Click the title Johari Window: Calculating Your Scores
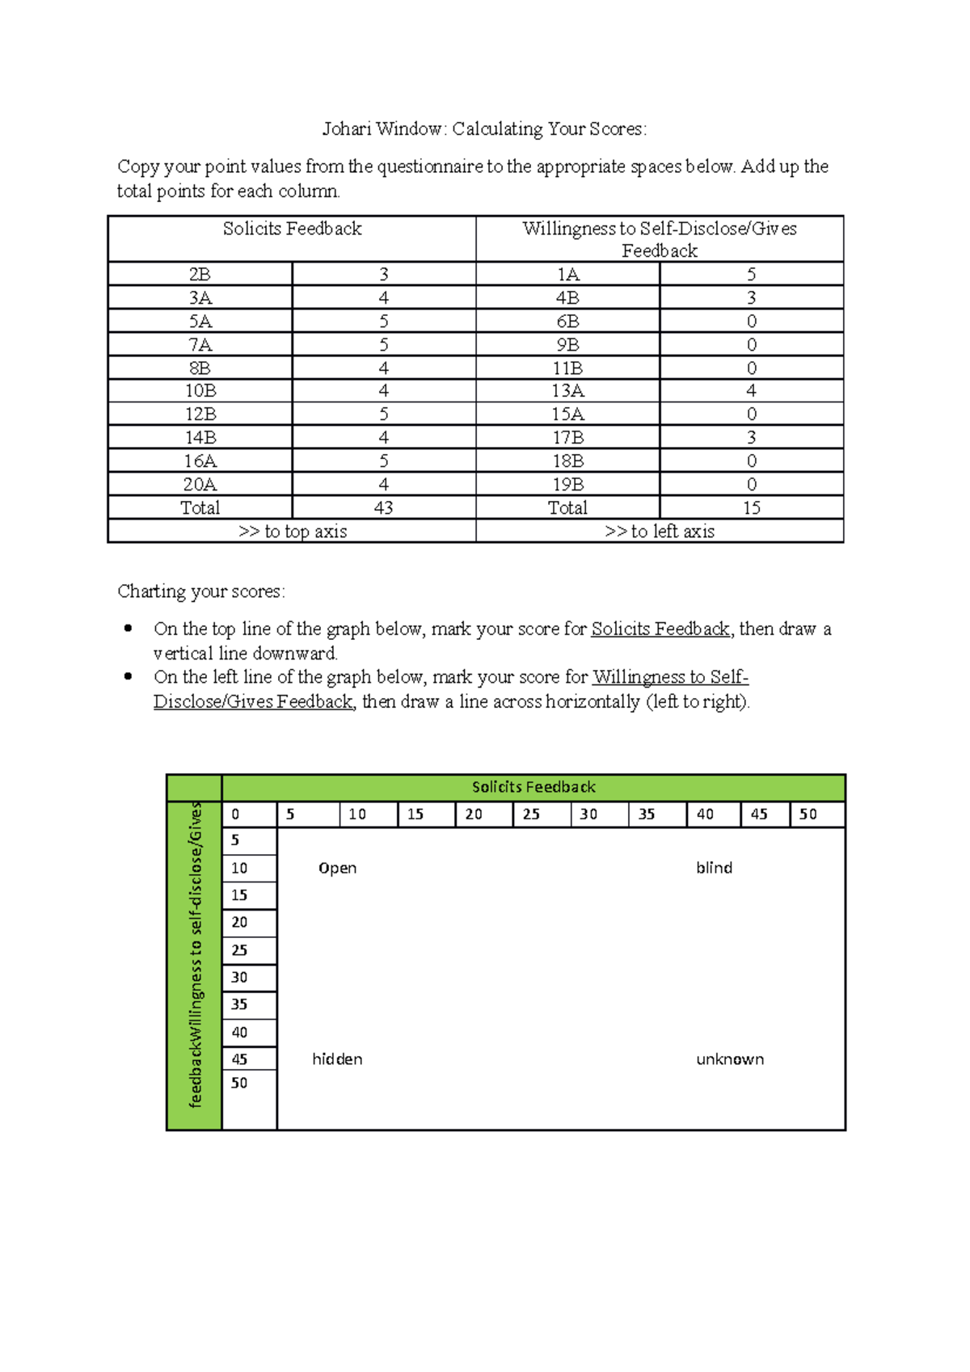pyautogui.click(x=484, y=129)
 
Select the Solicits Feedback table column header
pyautogui.click(x=292, y=229)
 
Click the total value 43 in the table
pyautogui.click(x=383, y=508)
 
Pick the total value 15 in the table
pyautogui.click(x=751, y=508)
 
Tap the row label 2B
pyautogui.click(x=200, y=275)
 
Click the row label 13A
pyautogui.click(x=567, y=391)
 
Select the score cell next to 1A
pyautogui.click(x=751, y=275)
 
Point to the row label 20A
pyautogui.click(x=200, y=485)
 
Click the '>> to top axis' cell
pyautogui.click(x=292, y=532)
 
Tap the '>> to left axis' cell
pyautogui.click(x=660, y=532)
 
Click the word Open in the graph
pyautogui.click(x=337, y=869)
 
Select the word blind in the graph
pyautogui.click(x=714, y=869)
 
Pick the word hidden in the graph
pyautogui.click(x=337, y=1059)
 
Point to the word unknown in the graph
pyautogui.click(x=729, y=1059)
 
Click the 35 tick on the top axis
pyautogui.click(x=647, y=814)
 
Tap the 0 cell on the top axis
pyautogui.click(x=236, y=814)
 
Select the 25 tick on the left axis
pyautogui.click(x=239, y=951)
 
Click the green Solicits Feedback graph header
pyautogui.click(x=533, y=787)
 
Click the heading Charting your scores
pyautogui.click(x=200, y=591)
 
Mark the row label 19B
pyautogui.click(x=567, y=485)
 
